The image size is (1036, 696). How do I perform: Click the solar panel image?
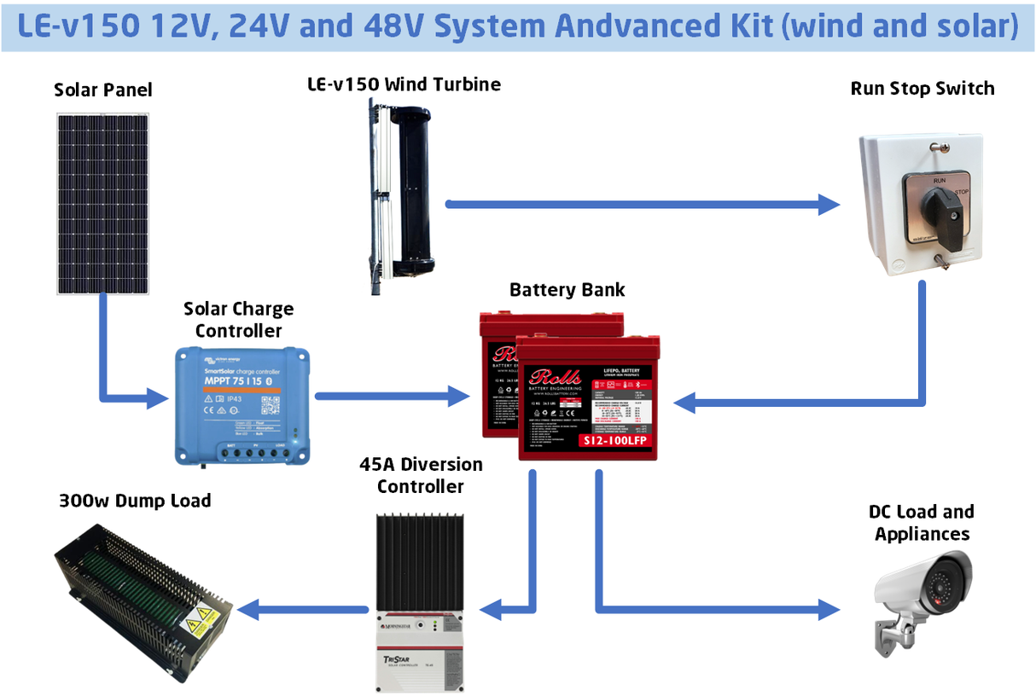(103, 204)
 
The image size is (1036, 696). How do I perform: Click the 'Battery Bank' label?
(567, 290)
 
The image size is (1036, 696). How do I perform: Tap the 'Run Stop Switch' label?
(922, 89)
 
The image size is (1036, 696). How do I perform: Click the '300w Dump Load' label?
(135, 501)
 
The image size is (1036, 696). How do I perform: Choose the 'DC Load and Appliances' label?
(922, 523)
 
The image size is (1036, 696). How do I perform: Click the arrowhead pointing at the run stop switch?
(829, 204)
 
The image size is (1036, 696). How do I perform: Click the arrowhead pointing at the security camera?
(829, 609)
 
